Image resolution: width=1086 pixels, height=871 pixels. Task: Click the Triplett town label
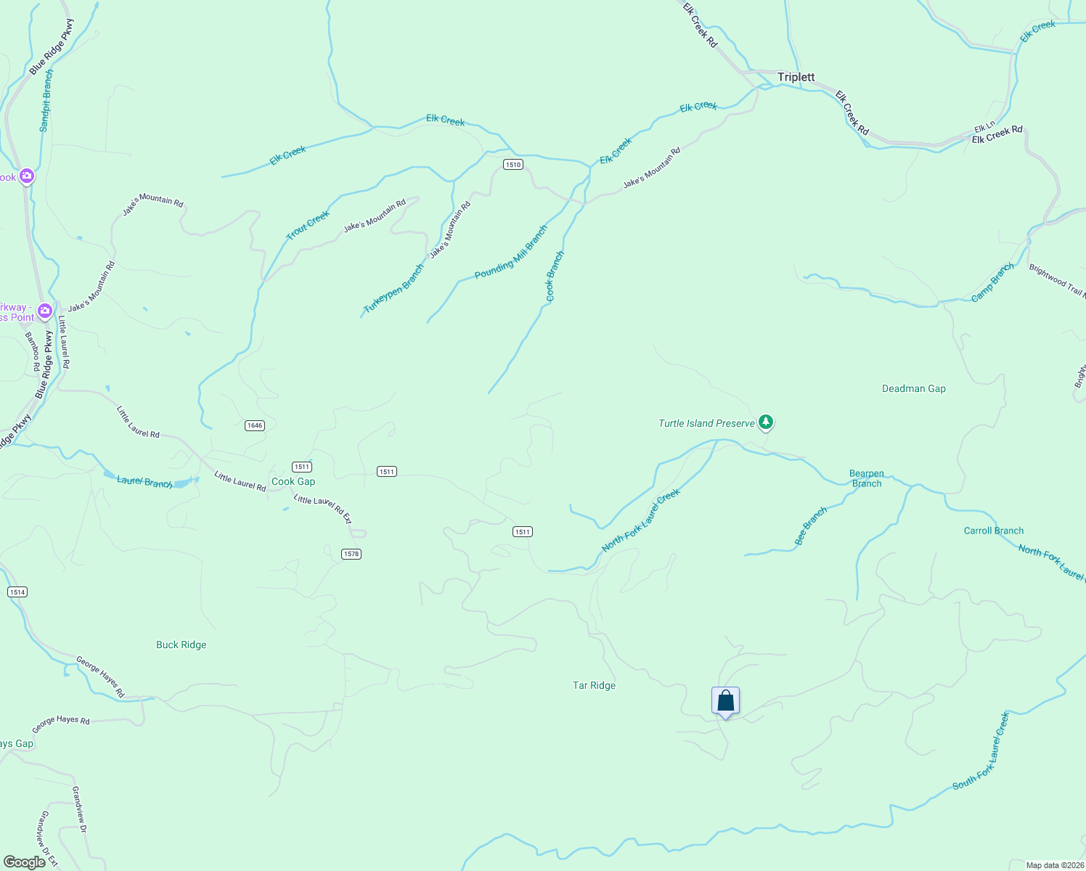coord(796,77)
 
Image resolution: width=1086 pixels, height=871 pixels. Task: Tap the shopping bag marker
coord(725,701)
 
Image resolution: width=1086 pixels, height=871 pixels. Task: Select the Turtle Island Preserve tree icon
coord(765,422)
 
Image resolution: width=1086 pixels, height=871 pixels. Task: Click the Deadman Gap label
coord(913,388)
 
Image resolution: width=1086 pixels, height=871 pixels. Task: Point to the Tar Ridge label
coord(594,685)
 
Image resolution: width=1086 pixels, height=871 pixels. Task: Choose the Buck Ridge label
coord(181,645)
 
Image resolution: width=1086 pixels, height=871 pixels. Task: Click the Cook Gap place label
coord(293,481)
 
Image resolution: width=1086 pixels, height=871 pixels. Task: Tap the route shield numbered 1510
coord(513,165)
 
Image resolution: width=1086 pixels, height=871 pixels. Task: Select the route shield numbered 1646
coord(254,425)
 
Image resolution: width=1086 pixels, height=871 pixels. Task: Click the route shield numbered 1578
coord(351,554)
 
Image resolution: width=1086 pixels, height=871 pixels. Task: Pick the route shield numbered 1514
coord(17,592)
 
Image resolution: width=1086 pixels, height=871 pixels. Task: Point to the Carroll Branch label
coord(993,531)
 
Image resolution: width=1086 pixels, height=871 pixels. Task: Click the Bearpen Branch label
coord(866,478)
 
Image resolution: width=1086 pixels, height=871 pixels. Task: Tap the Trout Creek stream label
coord(308,225)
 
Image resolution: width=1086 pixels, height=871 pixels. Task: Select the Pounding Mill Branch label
coord(511,253)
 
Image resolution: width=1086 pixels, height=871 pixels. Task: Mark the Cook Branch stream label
coord(555,276)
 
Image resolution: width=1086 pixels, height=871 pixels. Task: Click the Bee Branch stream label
coord(811,526)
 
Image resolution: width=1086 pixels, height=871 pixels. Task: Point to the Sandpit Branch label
coord(46,100)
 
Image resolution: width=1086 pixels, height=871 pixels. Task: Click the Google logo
coord(25,862)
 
